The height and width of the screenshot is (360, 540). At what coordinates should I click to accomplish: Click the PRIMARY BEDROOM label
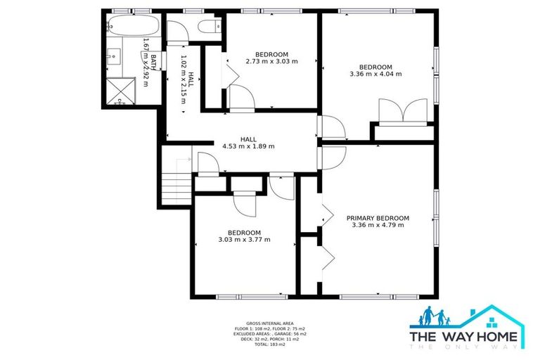[x=378, y=218]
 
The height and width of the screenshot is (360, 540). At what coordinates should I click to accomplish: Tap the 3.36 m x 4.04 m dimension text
[x=375, y=73]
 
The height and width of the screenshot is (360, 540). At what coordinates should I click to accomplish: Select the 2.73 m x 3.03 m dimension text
[x=271, y=61]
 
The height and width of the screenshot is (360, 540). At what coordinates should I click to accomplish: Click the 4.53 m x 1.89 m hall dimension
[x=248, y=146]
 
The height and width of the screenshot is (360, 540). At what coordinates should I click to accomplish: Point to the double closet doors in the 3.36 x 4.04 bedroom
[x=402, y=110]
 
